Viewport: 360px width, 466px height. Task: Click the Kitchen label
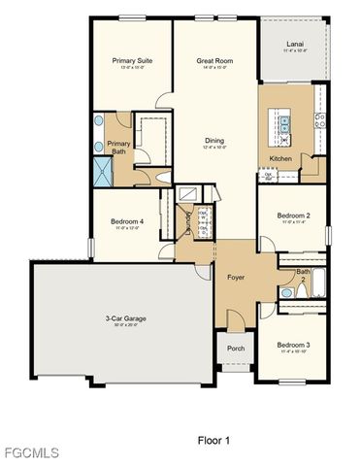point(279,157)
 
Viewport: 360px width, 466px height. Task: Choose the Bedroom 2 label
point(293,216)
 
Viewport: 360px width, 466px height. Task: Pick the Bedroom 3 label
point(292,345)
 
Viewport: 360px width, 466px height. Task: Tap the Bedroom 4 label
point(128,221)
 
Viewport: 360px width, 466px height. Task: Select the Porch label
point(235,349)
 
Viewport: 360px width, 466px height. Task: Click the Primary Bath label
point(119,148)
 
